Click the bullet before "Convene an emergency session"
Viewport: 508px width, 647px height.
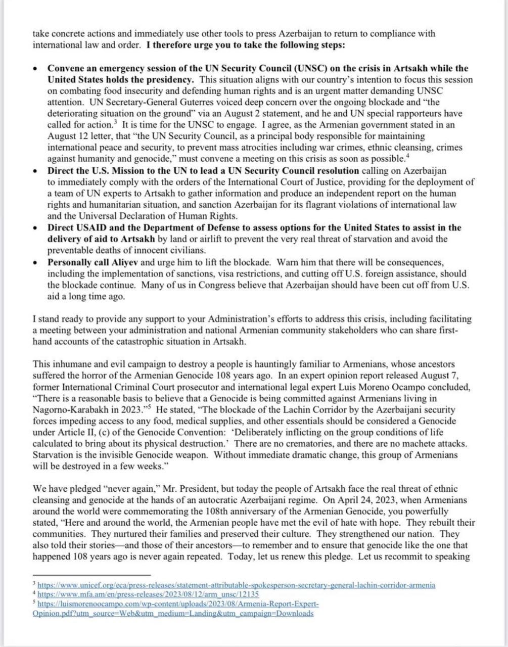coord(34,68)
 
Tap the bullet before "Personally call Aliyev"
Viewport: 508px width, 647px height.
coord(34,262)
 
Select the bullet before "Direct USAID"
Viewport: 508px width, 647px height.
coord(34,227)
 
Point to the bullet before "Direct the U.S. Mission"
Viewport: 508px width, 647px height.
coord(34,171)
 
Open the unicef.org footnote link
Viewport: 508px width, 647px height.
coord(236,585)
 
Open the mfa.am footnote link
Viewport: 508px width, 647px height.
coord(148,595)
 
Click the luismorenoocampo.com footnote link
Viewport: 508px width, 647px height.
coord(178,605)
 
